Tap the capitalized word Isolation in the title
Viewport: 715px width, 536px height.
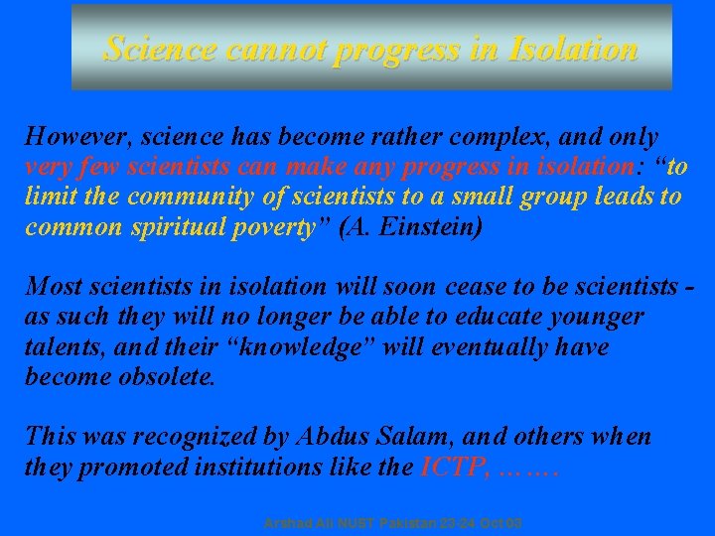(x=571, y=49)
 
